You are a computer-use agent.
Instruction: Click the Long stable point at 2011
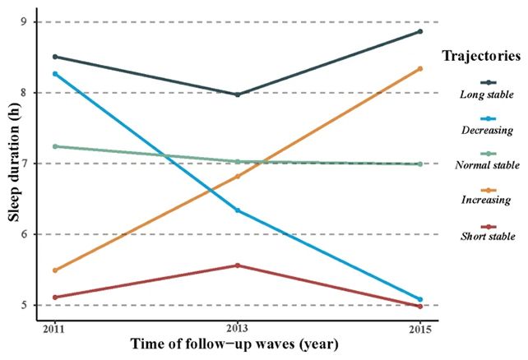54,57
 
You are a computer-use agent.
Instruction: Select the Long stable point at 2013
238,95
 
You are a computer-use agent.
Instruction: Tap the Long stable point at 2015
420,31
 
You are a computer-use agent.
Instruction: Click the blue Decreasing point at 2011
54,74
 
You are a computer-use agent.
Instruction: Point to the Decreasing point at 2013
238,210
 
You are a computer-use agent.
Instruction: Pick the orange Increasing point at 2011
54,270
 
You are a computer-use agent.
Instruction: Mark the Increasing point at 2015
420,68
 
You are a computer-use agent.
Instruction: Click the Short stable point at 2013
238,265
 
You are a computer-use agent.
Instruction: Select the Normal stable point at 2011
54,146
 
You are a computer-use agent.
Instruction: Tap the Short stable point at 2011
54,298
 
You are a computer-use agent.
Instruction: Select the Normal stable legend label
486,165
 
